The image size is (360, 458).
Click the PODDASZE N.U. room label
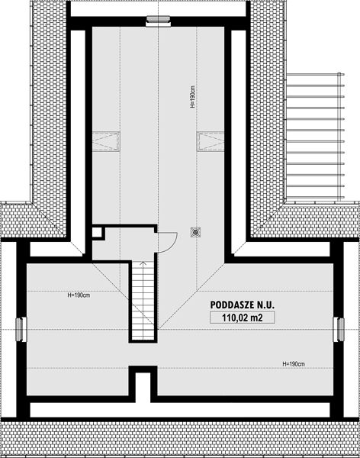(242, 305)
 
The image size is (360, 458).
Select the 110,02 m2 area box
(242, 318)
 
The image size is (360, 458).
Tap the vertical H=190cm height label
(192, 97)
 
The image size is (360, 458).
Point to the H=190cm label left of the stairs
(79, 295)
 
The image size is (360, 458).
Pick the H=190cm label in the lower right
(294, 364)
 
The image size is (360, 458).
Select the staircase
(143, 301)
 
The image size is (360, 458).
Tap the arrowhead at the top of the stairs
(143, 263)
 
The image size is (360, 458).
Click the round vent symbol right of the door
(195, 232)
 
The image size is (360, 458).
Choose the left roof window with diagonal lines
(106, 141)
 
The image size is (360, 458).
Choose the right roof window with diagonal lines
(211, 141)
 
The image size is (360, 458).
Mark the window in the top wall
(158, 21)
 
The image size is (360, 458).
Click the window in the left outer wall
(20, 330)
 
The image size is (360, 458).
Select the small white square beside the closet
(97, 232)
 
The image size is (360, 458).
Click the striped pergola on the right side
(315, 136)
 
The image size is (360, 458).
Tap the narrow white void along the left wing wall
(78, 140)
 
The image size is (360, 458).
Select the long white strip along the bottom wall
(180, 410)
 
